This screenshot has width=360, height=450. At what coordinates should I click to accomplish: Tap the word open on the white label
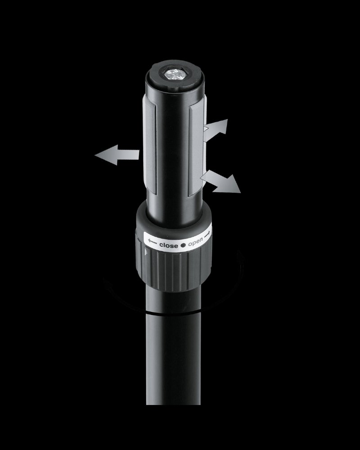(x=195, y=243)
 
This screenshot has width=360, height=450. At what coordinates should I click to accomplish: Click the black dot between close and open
(x=183, y=245)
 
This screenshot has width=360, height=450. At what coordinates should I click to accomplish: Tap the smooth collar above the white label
(x=173, y=220)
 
